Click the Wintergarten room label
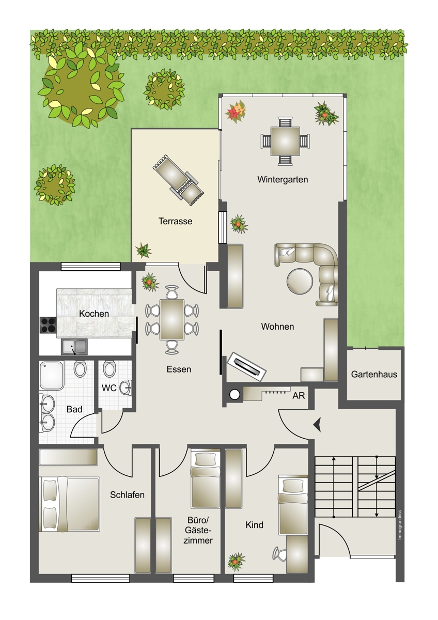[283, 179]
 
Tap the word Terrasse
[175, 221]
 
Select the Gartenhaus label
[374, 374]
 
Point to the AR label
[299, 396]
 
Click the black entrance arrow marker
[317, 424]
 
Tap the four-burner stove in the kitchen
[48, 325]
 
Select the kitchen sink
[74, 347]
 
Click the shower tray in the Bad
[52, 375]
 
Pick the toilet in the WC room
[109, 368]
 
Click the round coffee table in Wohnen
[300, 282]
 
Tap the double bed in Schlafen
[69, 504]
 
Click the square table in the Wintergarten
[285, 141]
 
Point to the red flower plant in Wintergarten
[236, 110]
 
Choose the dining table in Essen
[172, 319]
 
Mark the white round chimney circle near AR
[234, 395]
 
